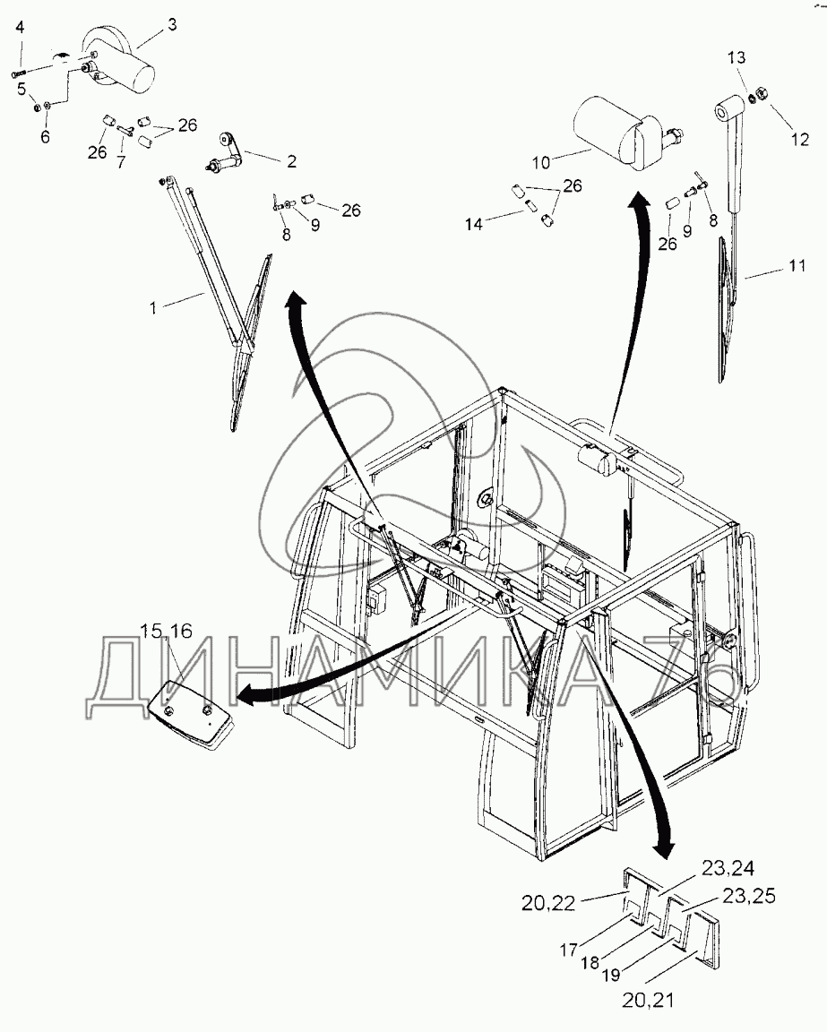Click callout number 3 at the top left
pos(172,25)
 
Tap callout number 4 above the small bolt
pos(20,27)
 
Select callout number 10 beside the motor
pos(540,161)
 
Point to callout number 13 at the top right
pos(737,57)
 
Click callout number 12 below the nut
pos(799,139)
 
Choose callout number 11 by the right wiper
pos(797,266)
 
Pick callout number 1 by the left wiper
pos(152,307)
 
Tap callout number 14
pos(473,225)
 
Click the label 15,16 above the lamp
pos(166,632)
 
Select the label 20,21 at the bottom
pos(648,1000)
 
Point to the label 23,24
pos(728,869)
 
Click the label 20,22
pos(548,903)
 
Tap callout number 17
pos(569,949)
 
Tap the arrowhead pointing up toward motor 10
pos(638,201)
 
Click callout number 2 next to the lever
pos(292,161)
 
